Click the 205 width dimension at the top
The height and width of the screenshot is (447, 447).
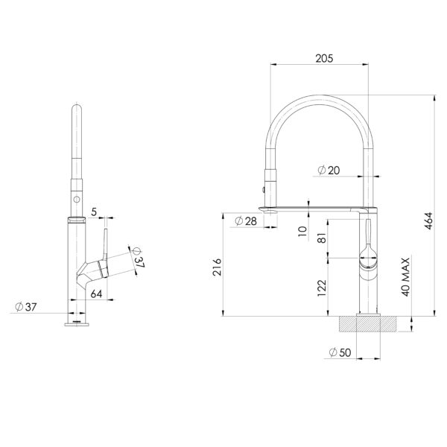323,57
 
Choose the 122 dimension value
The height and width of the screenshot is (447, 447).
322,288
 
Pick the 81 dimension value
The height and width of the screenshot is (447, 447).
322,239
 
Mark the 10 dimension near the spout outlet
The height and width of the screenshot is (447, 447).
302,230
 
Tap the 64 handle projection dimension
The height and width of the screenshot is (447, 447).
96,294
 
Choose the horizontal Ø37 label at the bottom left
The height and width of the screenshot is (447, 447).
27,306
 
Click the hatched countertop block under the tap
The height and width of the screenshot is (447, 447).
367,324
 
